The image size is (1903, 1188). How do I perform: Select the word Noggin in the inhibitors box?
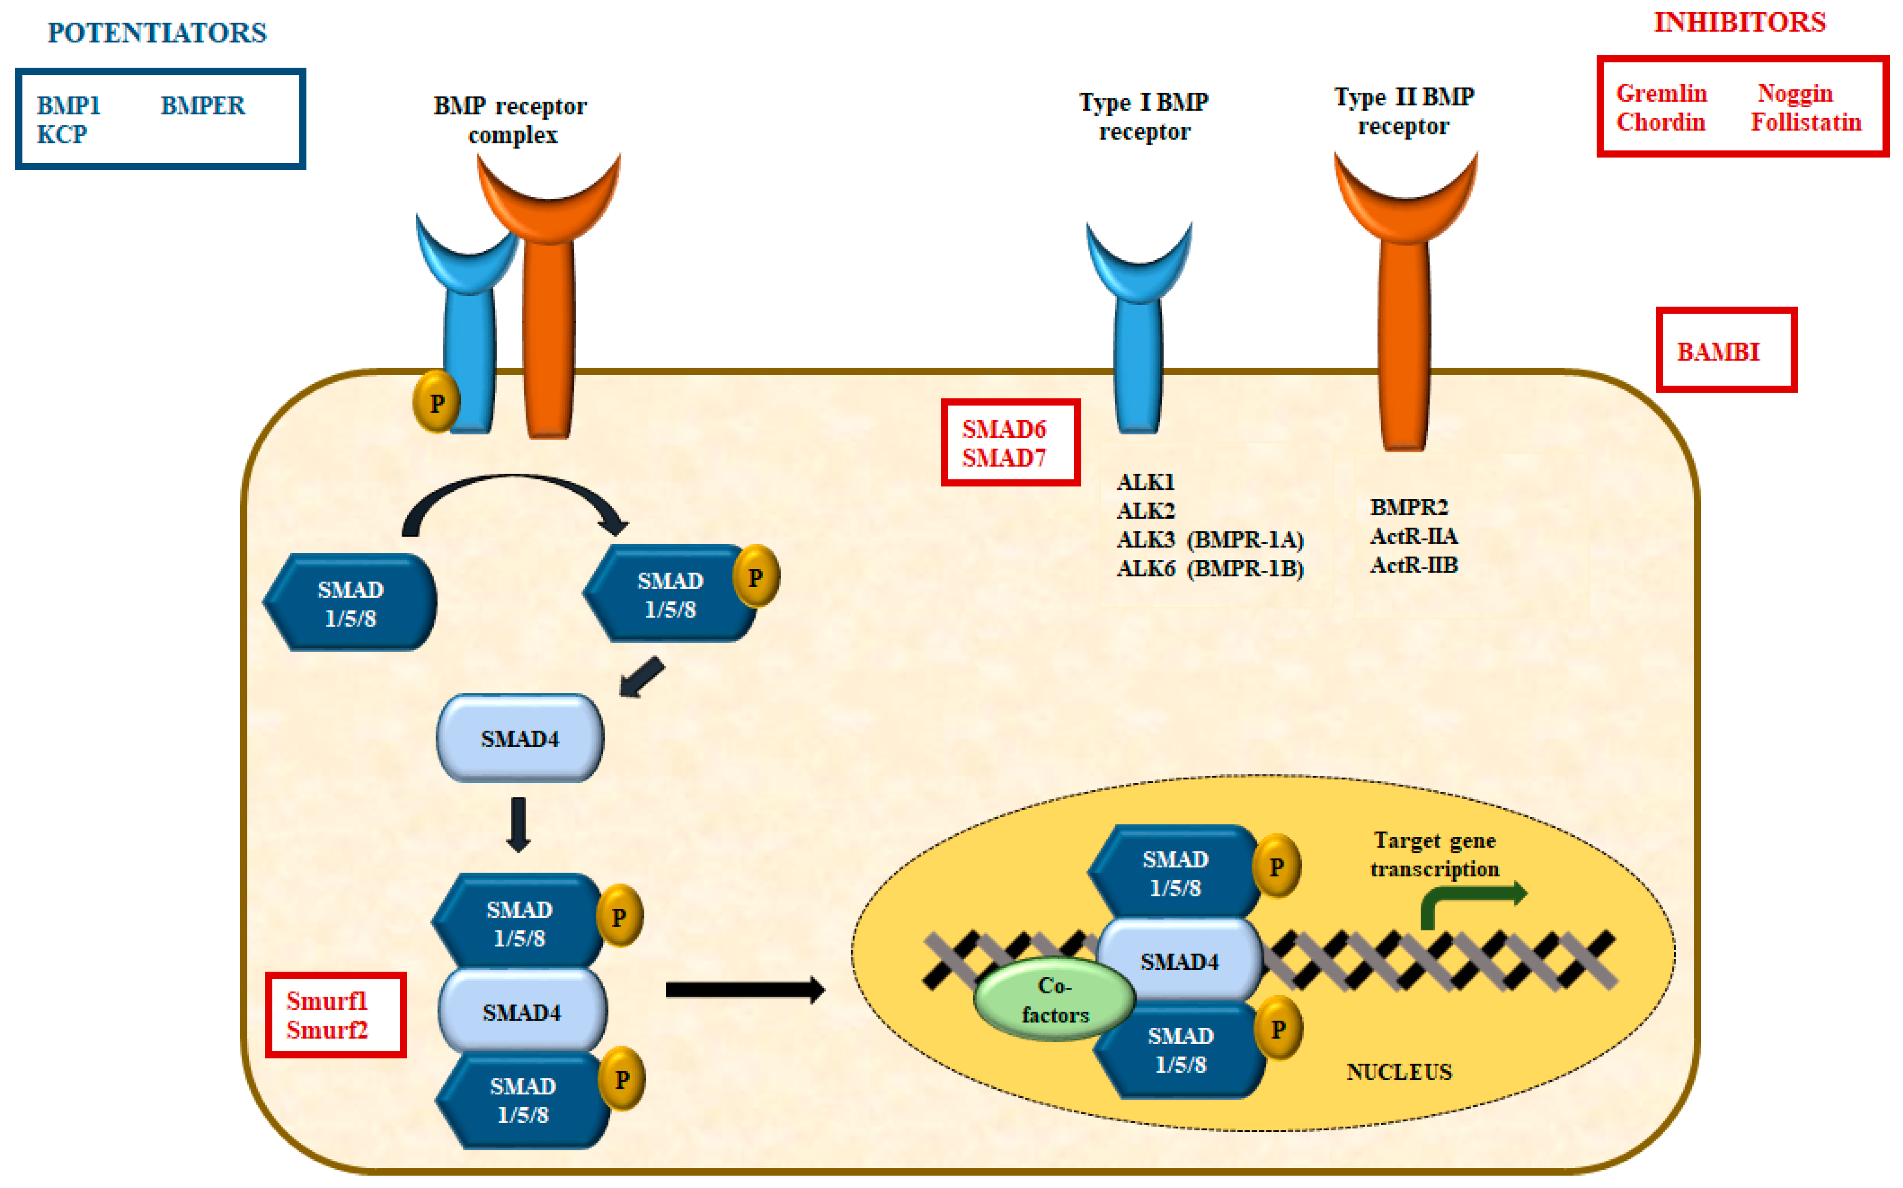point(1794,93)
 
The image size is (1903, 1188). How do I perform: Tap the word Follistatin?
point(1806,122)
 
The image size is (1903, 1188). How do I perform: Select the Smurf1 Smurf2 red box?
point(335,1015)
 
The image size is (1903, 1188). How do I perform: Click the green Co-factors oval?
point(1054,999)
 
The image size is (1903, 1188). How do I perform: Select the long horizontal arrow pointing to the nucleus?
point(743,990)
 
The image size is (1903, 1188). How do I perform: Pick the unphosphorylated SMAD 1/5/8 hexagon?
point(350,603)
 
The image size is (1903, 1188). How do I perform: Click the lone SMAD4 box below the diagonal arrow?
point(519,739)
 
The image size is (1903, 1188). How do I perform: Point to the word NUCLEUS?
point(1399,1073)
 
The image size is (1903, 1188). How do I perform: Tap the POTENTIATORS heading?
point(157,33)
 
